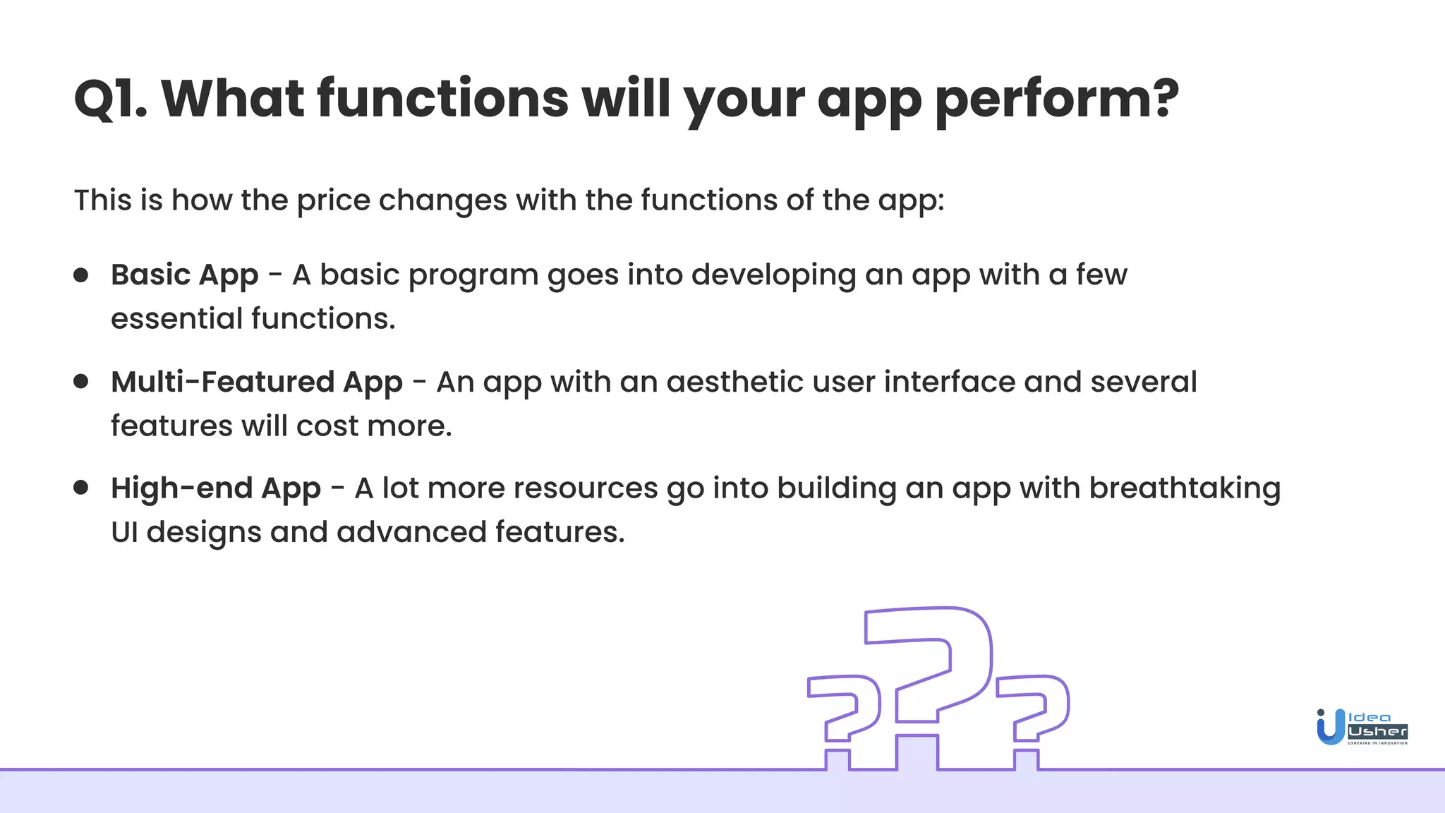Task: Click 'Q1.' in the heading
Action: [x=110, y=99]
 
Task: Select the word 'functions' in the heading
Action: [x=442, y=99]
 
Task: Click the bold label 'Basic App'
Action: [x=184, y=275]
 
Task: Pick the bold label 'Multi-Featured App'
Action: [x=257, y=383]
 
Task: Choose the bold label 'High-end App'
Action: [x=216, y=488]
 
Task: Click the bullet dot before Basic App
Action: [x=81, y=275]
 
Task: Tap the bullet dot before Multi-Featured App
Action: [x=81, y=382]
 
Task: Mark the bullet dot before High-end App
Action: [x=81, y=488]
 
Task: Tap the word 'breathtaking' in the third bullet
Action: [x=1185, y=488]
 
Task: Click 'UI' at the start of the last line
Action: [x=124, y=532]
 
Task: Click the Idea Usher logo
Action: [x=1362, y=727]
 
